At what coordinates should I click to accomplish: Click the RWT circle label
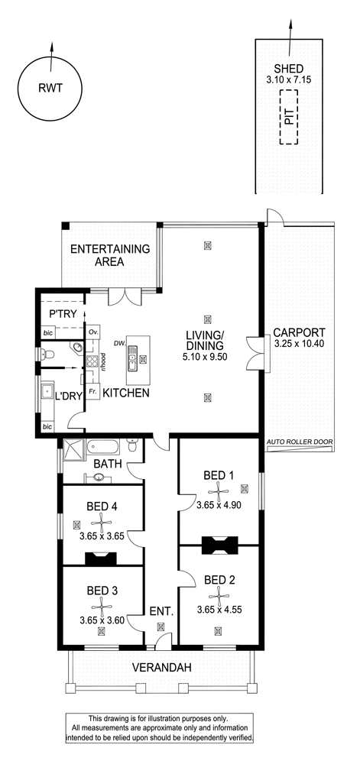pyautogui.click(x=50, y=88)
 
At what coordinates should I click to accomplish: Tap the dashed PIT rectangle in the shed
pyautogui.click(x=288, y=117)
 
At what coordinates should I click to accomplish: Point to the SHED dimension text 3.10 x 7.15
pyautogui.click(x=288, y=79)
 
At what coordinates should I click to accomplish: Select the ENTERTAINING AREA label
pyautogui.click(x=110, y=255)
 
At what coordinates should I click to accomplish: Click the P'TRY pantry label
pyautogui.click(x=63, y=314)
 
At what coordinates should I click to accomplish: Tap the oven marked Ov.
pyautogui.click(x=94, y=332)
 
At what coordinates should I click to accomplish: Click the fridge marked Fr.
pyautogui.click(x=93, y=392)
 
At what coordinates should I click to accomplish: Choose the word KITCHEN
pyautogui.click(x=125, y=393)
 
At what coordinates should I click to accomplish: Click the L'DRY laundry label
pyautogui.click(x=68, y=396)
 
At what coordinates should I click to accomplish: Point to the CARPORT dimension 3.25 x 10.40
pyautogui.click(x=299, y=344)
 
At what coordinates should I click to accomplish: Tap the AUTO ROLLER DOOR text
pyautogui.click(x=300, y=442)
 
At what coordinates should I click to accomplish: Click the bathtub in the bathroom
pyautogui.click(x=102, y=446)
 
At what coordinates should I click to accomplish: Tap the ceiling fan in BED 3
pyautogui.click(x=102, y=607)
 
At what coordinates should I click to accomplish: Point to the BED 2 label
pyautogui.click(x=219, y=580)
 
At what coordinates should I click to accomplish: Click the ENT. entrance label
pyautogui.click(x=162, y=611)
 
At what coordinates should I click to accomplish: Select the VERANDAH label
pyautogui.click(x=162, y=668)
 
